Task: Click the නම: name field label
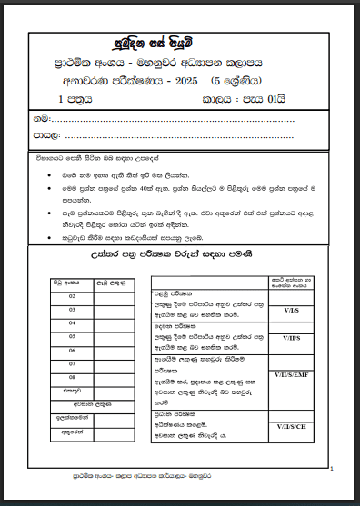[42, 119]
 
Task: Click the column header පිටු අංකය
[59, 284]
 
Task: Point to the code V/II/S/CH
[292, 426]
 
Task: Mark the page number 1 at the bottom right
[333, 469]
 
